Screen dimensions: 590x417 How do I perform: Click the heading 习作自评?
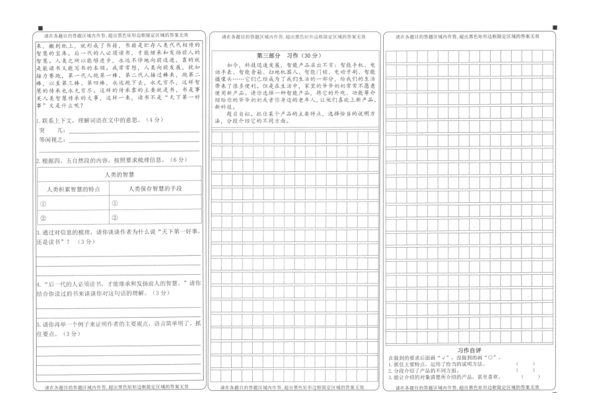coord(470,351)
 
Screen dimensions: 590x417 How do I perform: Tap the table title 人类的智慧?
coord(120,174)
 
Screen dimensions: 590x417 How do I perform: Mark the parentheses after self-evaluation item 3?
coord(531,377)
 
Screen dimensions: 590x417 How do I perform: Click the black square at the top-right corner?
coord(554,28)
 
